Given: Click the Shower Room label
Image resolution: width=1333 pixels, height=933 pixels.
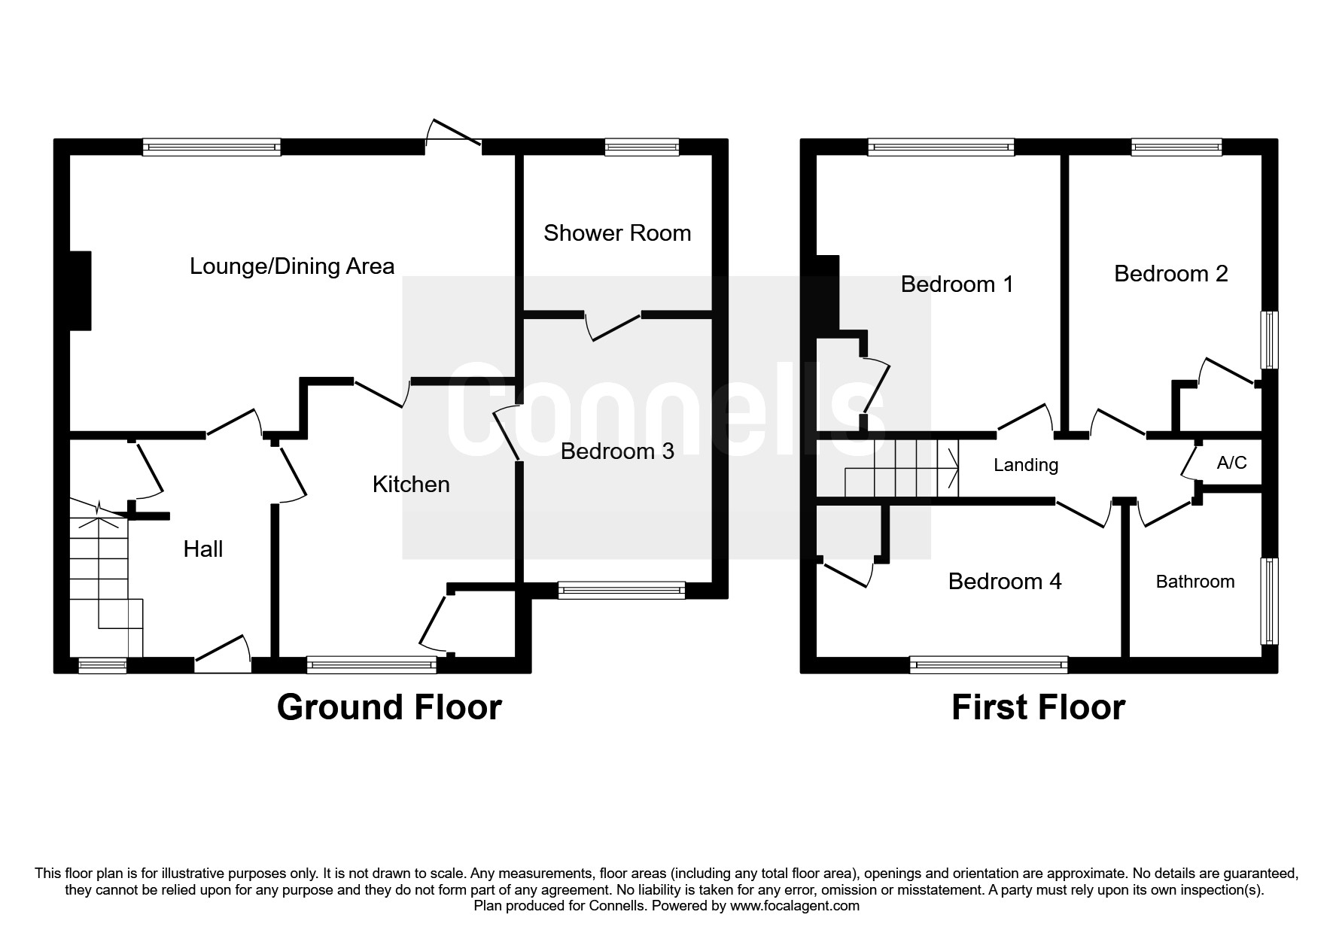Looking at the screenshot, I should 617,233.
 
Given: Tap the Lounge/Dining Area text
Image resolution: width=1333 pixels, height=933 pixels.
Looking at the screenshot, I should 292,266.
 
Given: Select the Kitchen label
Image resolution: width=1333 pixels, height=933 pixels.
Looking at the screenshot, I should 411,485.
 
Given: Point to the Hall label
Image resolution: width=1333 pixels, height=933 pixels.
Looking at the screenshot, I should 203,549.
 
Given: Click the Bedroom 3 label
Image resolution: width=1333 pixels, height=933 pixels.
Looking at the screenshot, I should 617,451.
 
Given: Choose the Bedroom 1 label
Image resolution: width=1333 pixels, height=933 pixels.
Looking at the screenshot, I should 957,284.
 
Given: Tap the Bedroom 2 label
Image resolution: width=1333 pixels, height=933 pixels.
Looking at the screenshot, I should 1170,274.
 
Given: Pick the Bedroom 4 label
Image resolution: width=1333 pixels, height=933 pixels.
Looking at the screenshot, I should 1005,582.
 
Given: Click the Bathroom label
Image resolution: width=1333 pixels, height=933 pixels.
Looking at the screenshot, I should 1195,582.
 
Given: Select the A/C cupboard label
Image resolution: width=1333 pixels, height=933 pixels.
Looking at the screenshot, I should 1231,463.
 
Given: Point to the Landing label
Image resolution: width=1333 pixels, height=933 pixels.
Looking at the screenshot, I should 1026,465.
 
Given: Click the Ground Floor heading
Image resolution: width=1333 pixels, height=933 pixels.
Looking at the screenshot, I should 389,708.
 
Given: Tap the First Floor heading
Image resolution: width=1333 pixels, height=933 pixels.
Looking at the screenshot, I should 1038,708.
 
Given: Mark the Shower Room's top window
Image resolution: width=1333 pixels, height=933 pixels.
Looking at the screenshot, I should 642,147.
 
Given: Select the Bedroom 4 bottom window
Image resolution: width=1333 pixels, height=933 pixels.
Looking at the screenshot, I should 988,664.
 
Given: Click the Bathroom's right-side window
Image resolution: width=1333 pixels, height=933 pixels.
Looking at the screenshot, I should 1269,600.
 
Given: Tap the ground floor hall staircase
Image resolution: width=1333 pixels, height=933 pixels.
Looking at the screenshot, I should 105,572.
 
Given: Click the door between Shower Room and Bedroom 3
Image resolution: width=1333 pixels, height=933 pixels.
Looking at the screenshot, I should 613,325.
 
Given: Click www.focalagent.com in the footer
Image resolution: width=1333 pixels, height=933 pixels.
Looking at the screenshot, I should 794,906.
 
